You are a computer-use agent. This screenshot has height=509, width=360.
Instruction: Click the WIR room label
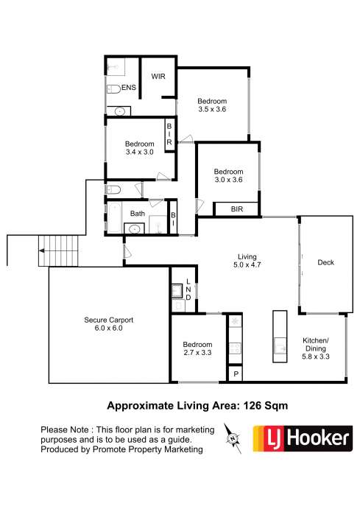coord(158,76)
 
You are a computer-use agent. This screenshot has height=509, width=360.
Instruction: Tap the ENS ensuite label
coord(129,88)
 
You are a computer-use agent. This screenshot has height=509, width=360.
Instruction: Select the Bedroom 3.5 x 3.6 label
coord(212,105)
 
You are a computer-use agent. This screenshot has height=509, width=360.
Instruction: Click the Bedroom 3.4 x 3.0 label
coord(139,148)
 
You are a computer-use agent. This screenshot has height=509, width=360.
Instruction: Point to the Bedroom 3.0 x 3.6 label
coord(228,175)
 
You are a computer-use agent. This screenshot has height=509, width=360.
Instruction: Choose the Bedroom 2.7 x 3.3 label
coord(197,348)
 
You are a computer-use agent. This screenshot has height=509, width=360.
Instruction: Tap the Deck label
coord(327,263)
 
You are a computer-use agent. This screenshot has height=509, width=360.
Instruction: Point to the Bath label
coord(138,214)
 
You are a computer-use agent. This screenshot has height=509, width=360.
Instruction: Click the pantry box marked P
coord(235,374)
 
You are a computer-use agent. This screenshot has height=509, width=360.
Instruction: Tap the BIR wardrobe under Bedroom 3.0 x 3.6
coord(236,209)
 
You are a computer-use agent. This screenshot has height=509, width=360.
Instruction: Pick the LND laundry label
coord(188,289)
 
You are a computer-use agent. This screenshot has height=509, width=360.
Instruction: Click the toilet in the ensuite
coord(114,90)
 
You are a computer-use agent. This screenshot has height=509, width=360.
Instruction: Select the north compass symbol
coord(234,439)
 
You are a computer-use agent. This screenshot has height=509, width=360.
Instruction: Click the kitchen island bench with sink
coord(278,334)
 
